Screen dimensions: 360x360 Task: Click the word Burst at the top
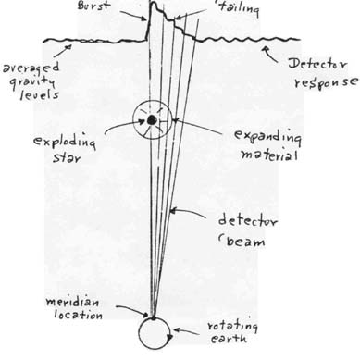pyautogui.click(x=93, y=6)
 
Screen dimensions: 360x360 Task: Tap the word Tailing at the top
pyautogui.click(x=239, y=8)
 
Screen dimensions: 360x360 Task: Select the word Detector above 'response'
pyautogui.click(x=317, y=64)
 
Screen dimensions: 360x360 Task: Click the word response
pyautogui.click(x=327, y=82)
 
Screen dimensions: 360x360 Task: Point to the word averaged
pyautogui.click(x=31, y=68)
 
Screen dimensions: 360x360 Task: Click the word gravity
pyautogui.click(x=32, y=81)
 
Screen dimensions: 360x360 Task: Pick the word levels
pyautogui.click(x=40, y=94)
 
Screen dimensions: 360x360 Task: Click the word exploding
pyautogui.click(x=65, y=142)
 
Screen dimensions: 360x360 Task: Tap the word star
pyautogui.click(x=67, y=157)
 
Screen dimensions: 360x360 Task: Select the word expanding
pyautogui.click(x=267, y=136)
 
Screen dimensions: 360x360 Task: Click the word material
pyautogui.click(x=269, y=154)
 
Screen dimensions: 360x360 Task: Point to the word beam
pyautogui.click(x=245, y=241)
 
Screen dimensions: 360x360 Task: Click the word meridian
pyautogui.click(x=73, y=302)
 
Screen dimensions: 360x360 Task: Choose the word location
pyautogui.click(x=79, y=315)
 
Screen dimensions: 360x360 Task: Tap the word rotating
pyautogui.click(x=232, y=326)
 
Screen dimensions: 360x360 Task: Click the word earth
pyautogui.click(x=229, y=339)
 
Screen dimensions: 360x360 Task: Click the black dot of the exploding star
pyautogui.click(x=152, y=120)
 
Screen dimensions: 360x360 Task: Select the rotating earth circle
pyautogui.click(x=139, y=333)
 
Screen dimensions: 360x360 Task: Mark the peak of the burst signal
pyautogui.click(x=153, y=3)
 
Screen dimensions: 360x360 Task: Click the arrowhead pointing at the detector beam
pyautogui.click(x=173, y=211)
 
